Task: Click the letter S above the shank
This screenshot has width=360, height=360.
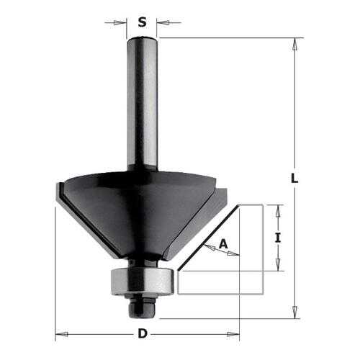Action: tap(142, 22)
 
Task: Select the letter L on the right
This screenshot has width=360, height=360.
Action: tap(294, 179)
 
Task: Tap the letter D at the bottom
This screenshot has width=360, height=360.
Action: tap(143, 333)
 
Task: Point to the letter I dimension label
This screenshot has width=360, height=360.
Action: tap(278, 238)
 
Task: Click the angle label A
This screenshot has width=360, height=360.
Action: tap(223, 244)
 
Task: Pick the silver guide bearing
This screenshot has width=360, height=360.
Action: tap(143, 282)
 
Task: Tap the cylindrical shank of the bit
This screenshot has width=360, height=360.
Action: tap(143, 103)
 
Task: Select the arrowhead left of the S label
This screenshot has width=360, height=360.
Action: tap(119, 23)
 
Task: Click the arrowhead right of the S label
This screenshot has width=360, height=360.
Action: tap(163, 23)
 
